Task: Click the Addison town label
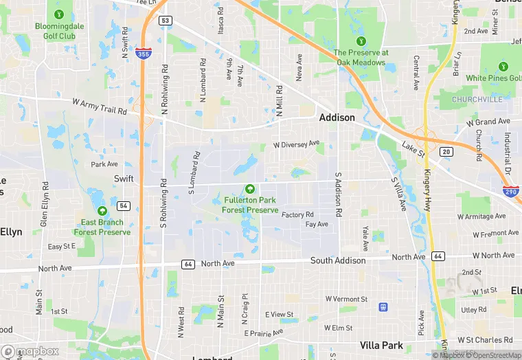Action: pyautogui.click(x=337, y=117)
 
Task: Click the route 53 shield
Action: pyautogui.click(x=165, y=21)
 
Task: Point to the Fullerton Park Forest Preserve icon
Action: pyautogui.click(x=250, y=189)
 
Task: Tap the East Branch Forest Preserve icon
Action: pyautogui.click(x=102, y=211)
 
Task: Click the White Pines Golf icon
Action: pyautogui.click(x=503, y=67)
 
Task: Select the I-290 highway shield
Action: pyautogui.click(x=510, y=193)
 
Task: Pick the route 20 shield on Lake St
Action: pyautogui.click(x=446, y=152)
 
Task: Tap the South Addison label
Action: pyautogui.click(x=338, y=260)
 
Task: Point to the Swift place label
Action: pyautogui.click(x=123, y=178)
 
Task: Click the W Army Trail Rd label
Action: pyautogui.click(x=100, y=106)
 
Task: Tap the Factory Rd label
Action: pyautogui.click(x=297, y=215)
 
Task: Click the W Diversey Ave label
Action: pyautogui.click(x=297, y=144)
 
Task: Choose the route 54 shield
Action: pyautogui.click(x=124, y=205)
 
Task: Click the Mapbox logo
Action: pyautogui.click(x=30, y=351)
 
